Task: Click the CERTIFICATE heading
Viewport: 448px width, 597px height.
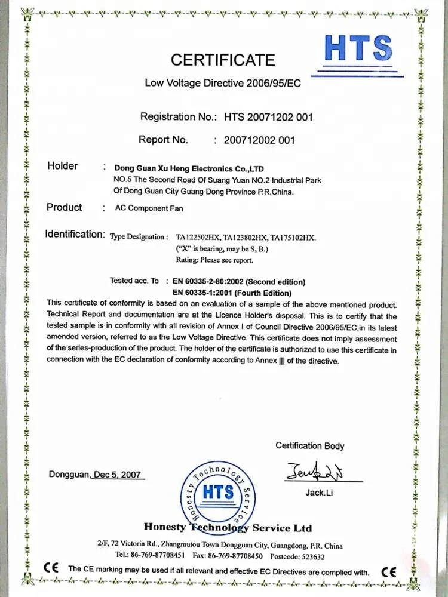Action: tap(223, 60)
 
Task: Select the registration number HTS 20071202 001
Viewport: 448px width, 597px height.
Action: tap(268, 117)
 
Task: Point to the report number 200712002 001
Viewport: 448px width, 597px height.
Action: tap(259, 140)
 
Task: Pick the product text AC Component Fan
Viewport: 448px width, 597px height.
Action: tap(149, 208)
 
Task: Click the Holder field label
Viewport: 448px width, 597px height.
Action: tap(62, 166)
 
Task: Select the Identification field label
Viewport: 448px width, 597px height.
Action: tap(75, 234)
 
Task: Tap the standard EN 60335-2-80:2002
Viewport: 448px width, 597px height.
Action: tap(239, 281)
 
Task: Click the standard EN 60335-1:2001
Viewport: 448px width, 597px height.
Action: tap(232, 293)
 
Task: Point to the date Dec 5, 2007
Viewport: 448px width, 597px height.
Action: tap(117, 475)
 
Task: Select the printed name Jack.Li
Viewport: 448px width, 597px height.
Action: tap(318, 493)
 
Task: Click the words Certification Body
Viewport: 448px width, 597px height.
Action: tap(309, 445)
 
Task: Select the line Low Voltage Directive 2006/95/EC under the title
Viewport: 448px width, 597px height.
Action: tap(223, 83)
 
